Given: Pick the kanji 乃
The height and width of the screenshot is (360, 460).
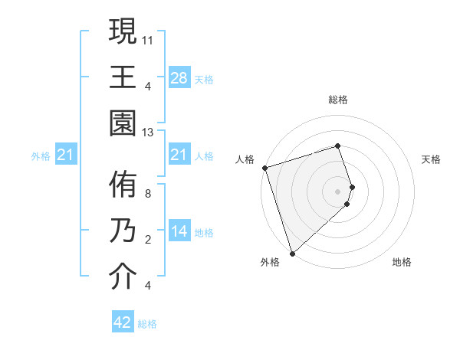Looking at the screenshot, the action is (123, 231).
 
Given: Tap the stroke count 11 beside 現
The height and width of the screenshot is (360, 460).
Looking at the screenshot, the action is (149, 39).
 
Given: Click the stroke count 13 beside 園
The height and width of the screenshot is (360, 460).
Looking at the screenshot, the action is (149, 133).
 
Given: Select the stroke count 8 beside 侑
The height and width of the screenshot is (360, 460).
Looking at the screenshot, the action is (148, 194).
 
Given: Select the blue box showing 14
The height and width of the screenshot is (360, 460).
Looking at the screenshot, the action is (179, 231).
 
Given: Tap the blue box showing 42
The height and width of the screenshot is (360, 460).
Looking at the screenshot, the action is (123, 322).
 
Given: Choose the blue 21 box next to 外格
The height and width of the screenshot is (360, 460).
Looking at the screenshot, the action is (66, 155).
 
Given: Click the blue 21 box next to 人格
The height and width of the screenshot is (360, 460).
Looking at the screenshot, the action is (179, 155).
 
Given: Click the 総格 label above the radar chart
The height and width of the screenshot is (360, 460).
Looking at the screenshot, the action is (338, 100).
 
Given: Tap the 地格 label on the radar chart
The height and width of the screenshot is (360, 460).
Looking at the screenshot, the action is (402, 263).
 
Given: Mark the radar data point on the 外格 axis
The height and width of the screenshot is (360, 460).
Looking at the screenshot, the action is (291, 253).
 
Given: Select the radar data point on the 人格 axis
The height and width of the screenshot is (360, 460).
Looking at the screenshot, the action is (264, 167).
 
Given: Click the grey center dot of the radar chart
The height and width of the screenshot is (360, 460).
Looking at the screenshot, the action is (337, 190).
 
